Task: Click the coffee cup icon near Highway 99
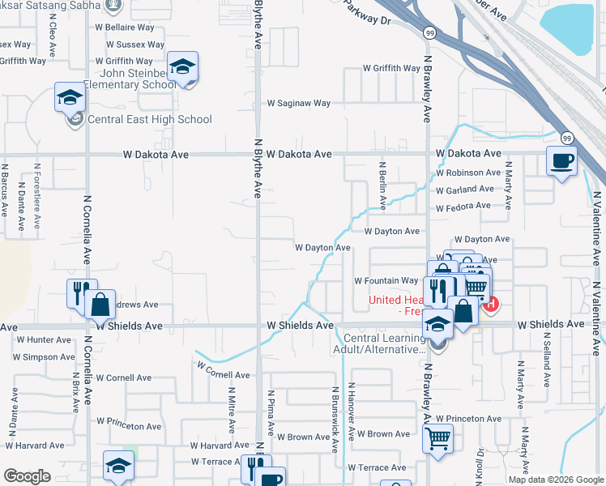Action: [x=561, y=160]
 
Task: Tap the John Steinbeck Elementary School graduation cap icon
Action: [x=183, y=67]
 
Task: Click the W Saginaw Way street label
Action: [x=299, y=104]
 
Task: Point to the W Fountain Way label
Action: [x=386, y=281]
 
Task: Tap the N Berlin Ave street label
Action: [x=381, y=187]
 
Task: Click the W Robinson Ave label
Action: [x=468, y=173]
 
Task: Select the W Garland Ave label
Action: [x=464, y=190]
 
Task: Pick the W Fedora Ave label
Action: [x=463, y=207]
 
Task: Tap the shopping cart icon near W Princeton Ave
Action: [x=437, y=438]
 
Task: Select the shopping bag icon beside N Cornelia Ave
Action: [x=100, y=305]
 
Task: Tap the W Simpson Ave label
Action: [x=45, y=357]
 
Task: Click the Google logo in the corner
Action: [x=27, y=476]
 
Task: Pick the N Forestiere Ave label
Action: [x=37, y=195]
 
